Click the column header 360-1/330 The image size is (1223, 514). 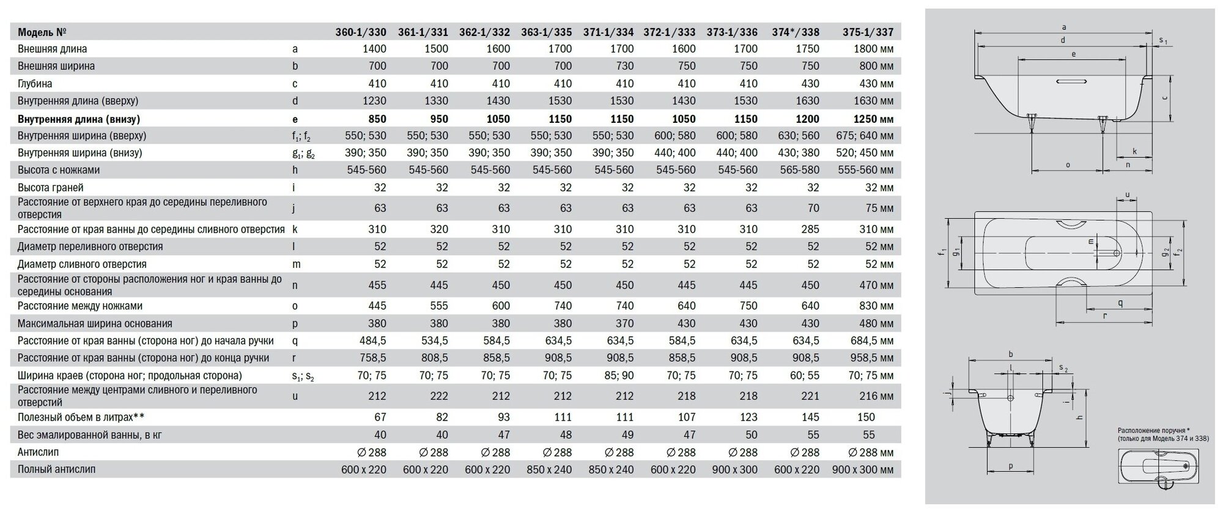coord(361,32)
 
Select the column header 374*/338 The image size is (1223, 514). coord(795,32)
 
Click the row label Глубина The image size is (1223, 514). coord(35,84)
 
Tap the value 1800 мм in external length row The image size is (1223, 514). coord(865,49)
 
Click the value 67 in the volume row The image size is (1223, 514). coord(380,417)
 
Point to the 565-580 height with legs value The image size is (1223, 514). coord(799,170)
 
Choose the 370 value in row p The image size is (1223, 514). coord(624,323)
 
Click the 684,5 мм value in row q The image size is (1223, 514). coord(865,341)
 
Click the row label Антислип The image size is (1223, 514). coord(38,452)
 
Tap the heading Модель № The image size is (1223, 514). coord(42,32)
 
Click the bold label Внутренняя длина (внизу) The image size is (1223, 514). coord(79,119)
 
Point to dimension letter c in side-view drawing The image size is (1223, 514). coord(1165,98)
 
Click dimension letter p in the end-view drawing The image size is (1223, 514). coord(1011,466)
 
